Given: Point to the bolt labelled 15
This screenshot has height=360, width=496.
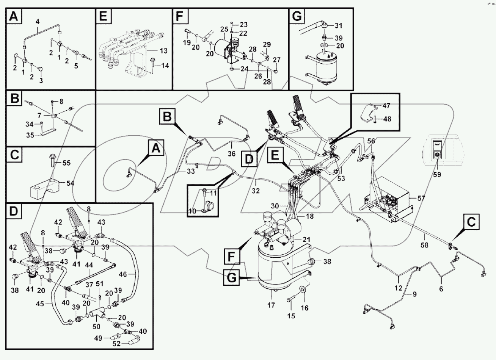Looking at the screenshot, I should click(x=290, y=300).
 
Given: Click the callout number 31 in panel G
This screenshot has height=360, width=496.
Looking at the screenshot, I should click(x=338, y=26).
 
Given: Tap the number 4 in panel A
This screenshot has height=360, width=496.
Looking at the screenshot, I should click(x=37, y=21).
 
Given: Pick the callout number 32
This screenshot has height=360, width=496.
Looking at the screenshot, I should click(x=256, y=191).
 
